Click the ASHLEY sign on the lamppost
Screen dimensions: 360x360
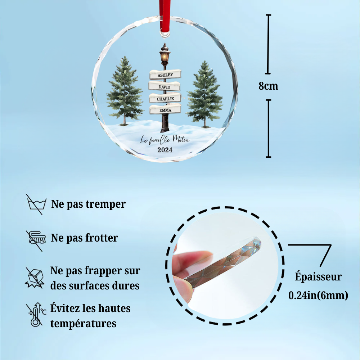point(165,75)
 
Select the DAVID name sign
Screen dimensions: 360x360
point(164,86)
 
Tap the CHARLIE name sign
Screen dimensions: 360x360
point(165,98)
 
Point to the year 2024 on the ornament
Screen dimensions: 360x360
point(165,150)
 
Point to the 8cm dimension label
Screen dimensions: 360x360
point(268,86)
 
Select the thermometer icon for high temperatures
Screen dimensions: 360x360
point(35,315)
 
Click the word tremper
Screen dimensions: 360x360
point(106,204)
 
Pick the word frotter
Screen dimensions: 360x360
point(101,238)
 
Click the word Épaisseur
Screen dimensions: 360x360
point(318,277)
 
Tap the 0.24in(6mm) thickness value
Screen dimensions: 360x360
point(318,295)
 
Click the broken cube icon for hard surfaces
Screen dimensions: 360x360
point(35,277)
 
